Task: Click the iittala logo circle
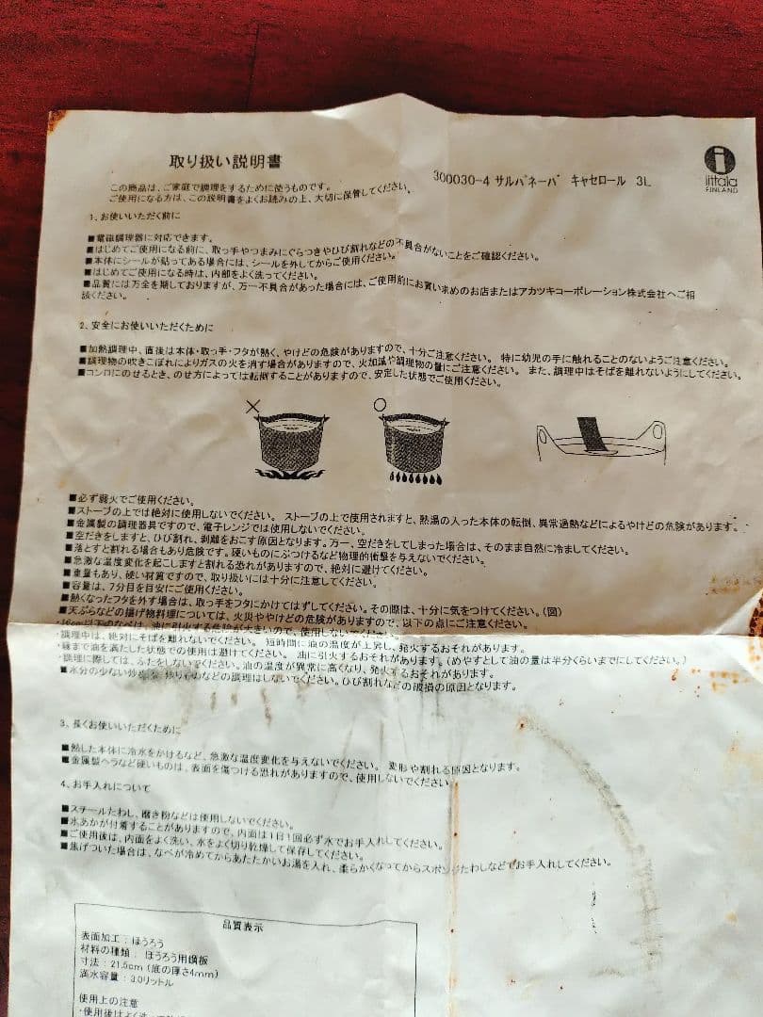[720, 159]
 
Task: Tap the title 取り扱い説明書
[224, 161]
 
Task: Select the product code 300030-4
[463, 175]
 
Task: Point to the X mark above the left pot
[252, 406]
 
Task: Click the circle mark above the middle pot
[380, 405]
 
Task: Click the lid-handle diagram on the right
[601, 440]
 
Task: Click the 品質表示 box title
[244, 927]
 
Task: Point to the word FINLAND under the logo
[722, 189]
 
